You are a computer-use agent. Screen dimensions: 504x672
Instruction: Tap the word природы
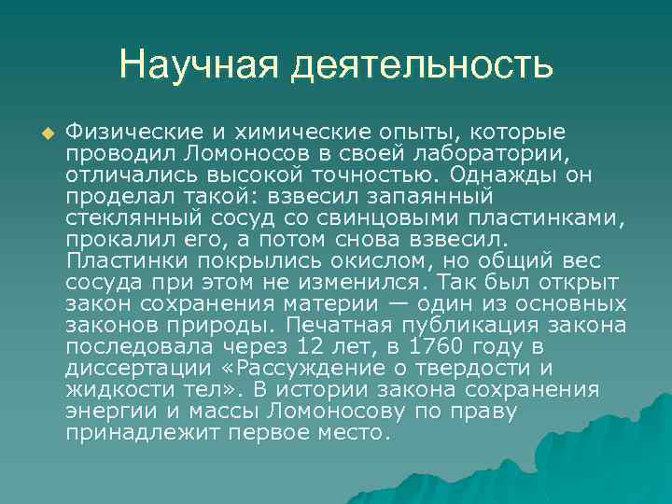tap(231, 325)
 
